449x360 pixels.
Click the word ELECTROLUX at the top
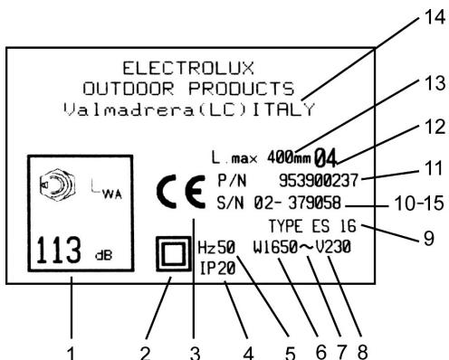(188, 66)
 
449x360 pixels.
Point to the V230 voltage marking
(335, 245)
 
